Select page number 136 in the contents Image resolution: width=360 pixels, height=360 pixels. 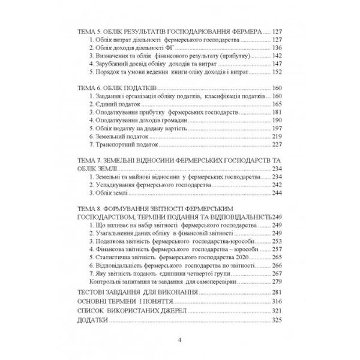point(277,47)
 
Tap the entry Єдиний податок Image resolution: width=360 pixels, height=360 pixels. point(113,104)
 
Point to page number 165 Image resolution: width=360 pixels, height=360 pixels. point(277,104)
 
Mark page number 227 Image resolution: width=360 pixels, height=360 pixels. point(277,145)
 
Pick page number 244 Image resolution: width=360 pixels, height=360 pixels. point(277,194)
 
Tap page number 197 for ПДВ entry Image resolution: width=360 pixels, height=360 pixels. point(277,129)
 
